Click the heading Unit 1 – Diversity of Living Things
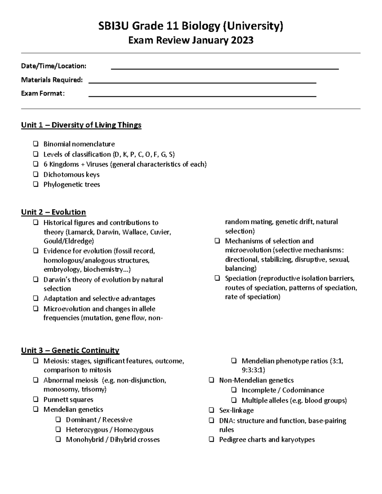pos(81,125)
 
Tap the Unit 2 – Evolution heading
pos(53,212)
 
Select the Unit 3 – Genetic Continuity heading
pos(70,351)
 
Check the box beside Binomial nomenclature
pos(36,144)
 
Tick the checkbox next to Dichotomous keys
pos(36,174)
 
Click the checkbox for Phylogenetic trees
pos(36,184)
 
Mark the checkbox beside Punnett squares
pos(36,399)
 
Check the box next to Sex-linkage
pos(211,410)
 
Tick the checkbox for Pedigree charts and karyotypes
pos(211,439)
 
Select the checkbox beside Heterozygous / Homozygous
pos(58,429)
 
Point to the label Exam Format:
pos(43,94)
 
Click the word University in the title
pos(253,26)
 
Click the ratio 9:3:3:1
pos(253,370)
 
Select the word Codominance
pos(303,390)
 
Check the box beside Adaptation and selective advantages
pos(36,298)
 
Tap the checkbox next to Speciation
pos(217,278)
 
